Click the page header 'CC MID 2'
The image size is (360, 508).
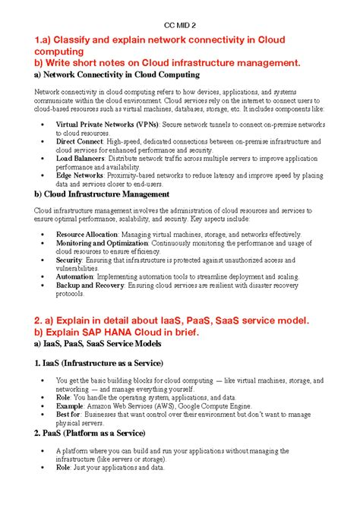point(180,24)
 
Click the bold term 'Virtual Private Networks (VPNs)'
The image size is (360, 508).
point(97,123)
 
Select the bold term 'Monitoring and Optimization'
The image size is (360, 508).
point(100,243)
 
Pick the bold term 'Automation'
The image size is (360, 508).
point(74,277)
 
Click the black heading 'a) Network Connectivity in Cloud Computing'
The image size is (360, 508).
point(117,75)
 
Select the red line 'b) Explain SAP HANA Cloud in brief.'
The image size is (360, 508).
point(127,332)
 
